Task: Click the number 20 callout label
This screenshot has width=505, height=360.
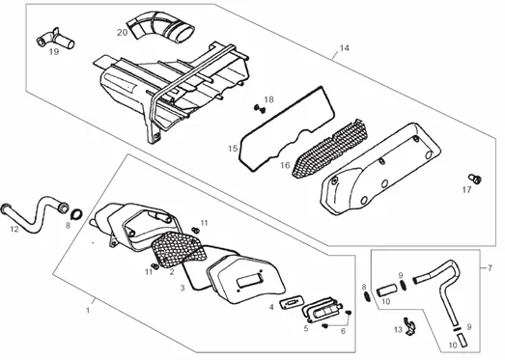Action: [x=122, y=33]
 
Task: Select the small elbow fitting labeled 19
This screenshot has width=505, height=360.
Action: [x=54, y=39]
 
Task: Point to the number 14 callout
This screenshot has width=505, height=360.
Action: [x=344, y=48]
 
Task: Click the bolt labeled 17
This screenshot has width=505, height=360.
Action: [x=475, y=178]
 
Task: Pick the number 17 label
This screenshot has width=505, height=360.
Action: [x=466, y=190]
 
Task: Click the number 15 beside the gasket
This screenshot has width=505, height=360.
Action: [x=233, y=149]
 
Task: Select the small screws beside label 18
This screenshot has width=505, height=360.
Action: [x=260, y=108]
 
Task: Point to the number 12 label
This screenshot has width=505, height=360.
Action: [x=14, y=229]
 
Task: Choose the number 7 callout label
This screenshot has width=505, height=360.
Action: [x=490, y=268]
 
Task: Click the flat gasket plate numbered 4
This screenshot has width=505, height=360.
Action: [x=291, y=303]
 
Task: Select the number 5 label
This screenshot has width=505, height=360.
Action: [x=306, y=328]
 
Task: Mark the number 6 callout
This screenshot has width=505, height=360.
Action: [x=344, y=331]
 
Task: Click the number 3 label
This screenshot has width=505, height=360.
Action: [x=182, y=288]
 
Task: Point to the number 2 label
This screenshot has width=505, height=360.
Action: [x=172, y=272]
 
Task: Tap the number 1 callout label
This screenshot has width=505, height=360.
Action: [x=88, y=311]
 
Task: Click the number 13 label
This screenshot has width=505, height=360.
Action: [x=399, y=330]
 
